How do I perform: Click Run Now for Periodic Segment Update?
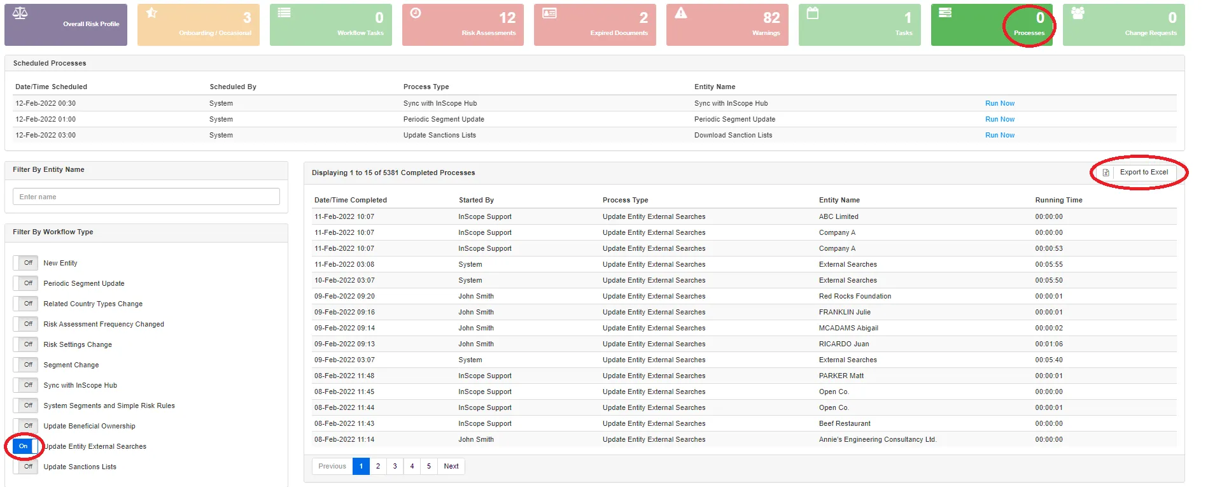(999, 119)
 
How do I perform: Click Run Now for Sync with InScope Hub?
(999, 103)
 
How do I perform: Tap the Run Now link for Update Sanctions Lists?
(999, 135)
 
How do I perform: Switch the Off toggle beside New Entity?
(26, 263)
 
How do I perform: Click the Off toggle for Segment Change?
(26, 365)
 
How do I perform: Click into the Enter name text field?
(146, 197)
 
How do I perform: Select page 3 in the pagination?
(395, 466)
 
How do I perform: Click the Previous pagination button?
(332, 466)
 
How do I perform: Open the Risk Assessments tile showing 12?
(463, 25)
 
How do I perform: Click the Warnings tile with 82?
(727, 25)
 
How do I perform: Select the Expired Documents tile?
(594, 25)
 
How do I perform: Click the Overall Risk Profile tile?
(66, 25)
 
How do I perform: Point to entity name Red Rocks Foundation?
(854, 296)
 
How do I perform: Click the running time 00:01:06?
(1048, 344)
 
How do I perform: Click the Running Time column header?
(1058, 200)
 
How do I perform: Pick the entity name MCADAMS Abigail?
(848, 328)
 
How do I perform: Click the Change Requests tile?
(1123, 25)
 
